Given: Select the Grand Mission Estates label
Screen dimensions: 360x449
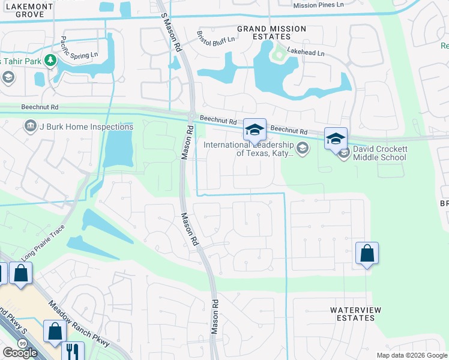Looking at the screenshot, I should (271, 33).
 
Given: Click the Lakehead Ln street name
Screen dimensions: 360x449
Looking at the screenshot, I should (305, 53).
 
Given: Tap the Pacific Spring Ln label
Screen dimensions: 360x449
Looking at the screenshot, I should (79, 48).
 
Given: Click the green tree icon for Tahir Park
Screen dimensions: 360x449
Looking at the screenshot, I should (50, 61).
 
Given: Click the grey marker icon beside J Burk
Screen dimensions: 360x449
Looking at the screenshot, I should (30, 126).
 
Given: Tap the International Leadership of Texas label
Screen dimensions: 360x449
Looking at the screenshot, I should (249, 149).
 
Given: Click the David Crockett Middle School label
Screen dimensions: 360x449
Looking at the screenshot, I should (379, 153).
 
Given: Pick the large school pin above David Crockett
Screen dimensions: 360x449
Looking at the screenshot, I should (335, 139).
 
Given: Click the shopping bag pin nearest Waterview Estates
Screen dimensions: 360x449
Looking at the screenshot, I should (367, 253).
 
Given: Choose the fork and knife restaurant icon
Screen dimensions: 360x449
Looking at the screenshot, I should (73, 350).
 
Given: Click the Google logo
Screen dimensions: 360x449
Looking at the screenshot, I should (20, 353).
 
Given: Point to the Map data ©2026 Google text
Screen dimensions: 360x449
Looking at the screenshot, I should (411, 355).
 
